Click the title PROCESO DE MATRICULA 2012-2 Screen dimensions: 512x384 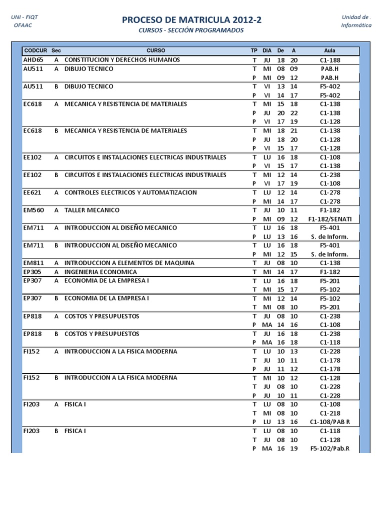(191, 20)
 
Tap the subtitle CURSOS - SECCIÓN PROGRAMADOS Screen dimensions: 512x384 (191, 30)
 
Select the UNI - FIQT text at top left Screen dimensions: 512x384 (24, 17)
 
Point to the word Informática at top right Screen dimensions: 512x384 (356, 25)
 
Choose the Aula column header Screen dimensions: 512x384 (329, 50)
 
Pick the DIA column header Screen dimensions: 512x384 (267, 50)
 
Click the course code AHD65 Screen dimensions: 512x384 (33, 60)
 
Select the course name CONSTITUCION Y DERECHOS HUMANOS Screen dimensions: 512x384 (122, 60)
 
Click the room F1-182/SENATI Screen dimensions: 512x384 (329, 219)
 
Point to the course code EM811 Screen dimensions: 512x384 (34, 263)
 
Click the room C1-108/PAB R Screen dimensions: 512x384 (329, 422)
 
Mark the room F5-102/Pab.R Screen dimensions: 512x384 (329, 448)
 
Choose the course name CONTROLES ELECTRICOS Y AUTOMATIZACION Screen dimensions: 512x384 (130, 192)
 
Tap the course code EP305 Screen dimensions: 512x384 (33, 272)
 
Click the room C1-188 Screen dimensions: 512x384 (329, 60)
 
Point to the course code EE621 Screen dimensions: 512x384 (33, 192)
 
